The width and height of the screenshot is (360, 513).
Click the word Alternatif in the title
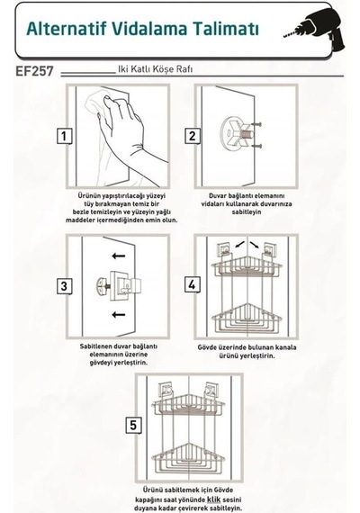point(67,29)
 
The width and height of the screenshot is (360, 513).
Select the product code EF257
point(34,71)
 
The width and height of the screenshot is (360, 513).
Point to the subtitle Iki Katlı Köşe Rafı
point(155,69)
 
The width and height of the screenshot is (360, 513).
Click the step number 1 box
point(64,136)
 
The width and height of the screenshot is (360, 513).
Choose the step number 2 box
point(192,136)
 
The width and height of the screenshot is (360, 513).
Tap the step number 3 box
point(64,286)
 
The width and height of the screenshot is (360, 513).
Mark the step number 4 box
point(192,284)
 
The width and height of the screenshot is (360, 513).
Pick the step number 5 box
point(133,425)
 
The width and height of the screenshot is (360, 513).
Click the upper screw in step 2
point(257,124)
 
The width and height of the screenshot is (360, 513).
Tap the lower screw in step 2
point(257,146)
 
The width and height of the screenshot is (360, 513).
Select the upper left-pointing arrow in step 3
point(119,256)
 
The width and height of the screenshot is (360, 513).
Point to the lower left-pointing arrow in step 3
point(119,315)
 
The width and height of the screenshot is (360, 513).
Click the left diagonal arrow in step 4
point(239,245)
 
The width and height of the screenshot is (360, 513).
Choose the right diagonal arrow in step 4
point(255,245)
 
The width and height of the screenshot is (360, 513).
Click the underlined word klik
point(213,499)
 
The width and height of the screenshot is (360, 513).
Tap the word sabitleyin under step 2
point(247,212)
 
